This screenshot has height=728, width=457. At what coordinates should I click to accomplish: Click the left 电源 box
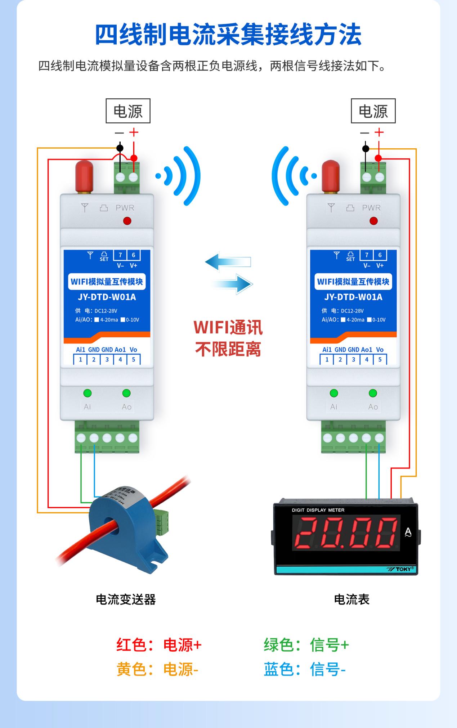click(128, 111)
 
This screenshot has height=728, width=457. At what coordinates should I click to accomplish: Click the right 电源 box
click(373, 111)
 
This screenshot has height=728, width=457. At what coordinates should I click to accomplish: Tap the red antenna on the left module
click(84, 176)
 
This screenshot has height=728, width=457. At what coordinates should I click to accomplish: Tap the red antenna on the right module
click(331, 176)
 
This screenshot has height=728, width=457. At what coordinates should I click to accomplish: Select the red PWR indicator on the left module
click(127, 221)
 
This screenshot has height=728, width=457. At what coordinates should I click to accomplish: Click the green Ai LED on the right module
click(334, 393)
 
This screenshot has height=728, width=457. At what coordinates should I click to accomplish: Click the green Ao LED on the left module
click(126, 393)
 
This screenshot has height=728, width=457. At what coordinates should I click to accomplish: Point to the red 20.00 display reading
click(346, 532)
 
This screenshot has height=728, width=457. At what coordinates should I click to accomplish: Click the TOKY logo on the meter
click(403, 569)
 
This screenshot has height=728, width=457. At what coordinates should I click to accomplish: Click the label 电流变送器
click(126, 599)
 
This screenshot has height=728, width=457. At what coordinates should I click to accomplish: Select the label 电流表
click(351, 599)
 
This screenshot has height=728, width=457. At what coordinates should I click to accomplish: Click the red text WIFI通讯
click(228, 327)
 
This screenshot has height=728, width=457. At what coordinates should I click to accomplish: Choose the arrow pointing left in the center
click(228, 262)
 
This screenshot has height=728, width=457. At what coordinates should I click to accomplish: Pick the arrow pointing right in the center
click(232, 284)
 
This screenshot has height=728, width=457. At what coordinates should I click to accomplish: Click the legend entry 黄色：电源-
click(157, 669)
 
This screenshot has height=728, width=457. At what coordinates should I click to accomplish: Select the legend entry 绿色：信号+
click(306, 645)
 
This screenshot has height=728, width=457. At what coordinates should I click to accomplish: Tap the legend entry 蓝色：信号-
click(305, 669)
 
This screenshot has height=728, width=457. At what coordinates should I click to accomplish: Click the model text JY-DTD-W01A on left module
click(107, 297)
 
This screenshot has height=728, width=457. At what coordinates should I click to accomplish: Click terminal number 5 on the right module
click(380, 359)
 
